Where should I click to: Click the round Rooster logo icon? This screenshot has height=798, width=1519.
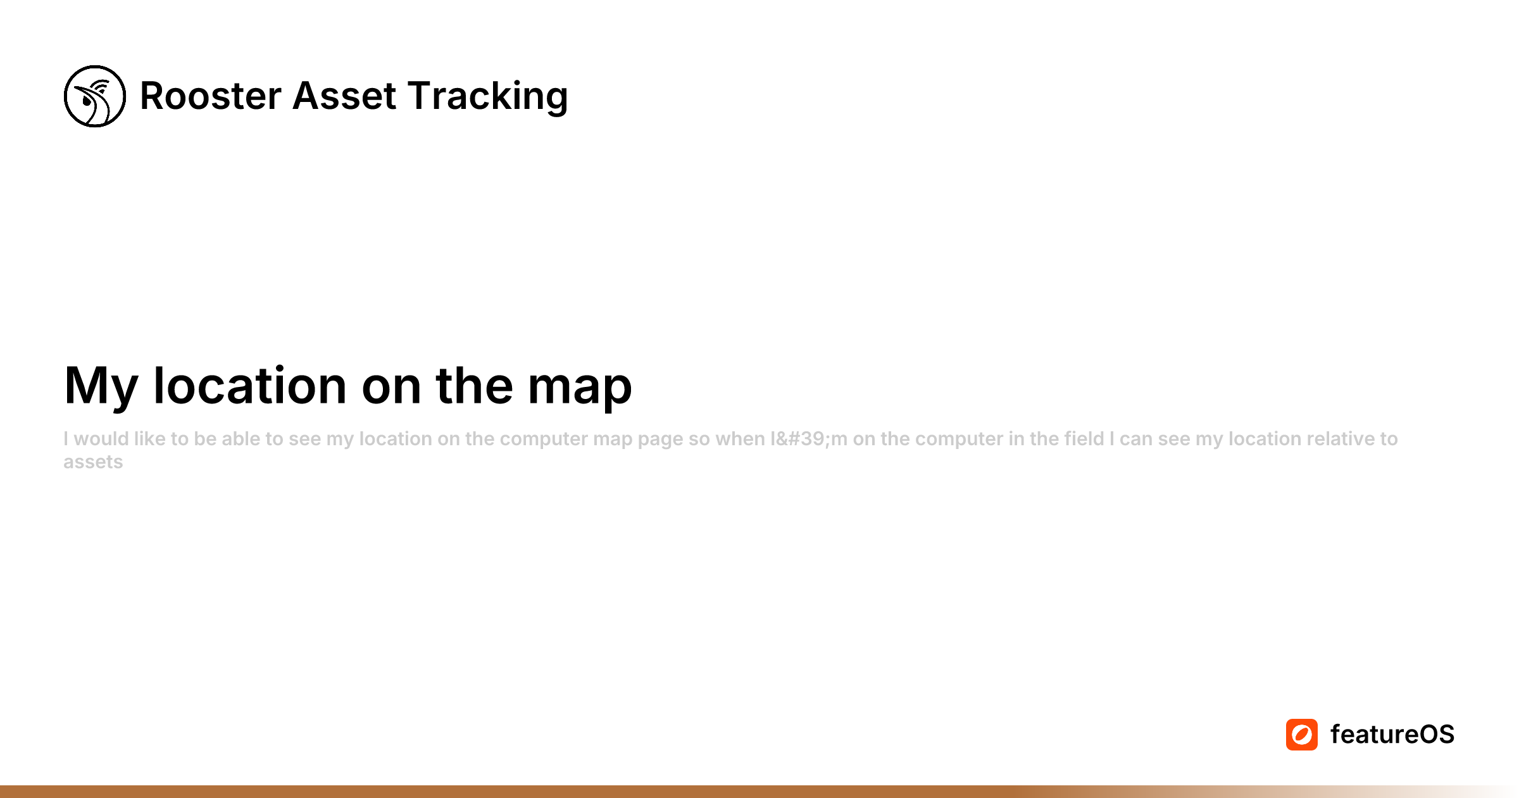tap(95, 96)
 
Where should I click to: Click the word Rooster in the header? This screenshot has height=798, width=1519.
tap(210, 96)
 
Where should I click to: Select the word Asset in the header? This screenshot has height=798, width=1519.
tap(344, 96)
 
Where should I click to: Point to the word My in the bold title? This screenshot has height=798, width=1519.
tap(101, 386)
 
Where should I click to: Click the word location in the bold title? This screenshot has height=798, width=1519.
tap(250, 386)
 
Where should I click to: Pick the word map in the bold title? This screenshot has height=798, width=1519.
tap(580, 386)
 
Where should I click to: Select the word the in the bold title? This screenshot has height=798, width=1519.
tap(474, 386)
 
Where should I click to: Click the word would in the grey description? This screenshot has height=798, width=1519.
tap(101, 439)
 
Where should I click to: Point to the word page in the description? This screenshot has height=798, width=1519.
tap(660, 440)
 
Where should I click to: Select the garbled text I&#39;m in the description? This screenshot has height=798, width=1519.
tap(808, 439)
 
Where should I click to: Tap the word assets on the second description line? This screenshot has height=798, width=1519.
tap(93, 462)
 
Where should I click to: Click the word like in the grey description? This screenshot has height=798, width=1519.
tap(149, 439)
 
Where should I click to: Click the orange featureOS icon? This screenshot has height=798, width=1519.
tap(1301, 735)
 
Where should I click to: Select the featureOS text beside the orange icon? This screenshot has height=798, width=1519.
tap(1392, 735)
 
